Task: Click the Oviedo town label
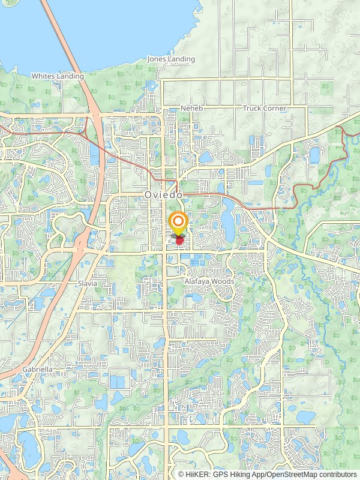click(163, 195)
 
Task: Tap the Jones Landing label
click(171, 59)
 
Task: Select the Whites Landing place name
click(58, 76)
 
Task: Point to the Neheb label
click(189, 108)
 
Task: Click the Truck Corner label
click(265, 108)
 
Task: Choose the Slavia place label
click(87, 283)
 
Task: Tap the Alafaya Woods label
click(209, 281)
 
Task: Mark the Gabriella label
click(38, 369)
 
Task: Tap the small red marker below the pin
click(179, 241)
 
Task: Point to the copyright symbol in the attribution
click(182, 474)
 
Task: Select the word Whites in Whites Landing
click(43, 76)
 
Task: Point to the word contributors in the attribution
click(337, 474)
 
